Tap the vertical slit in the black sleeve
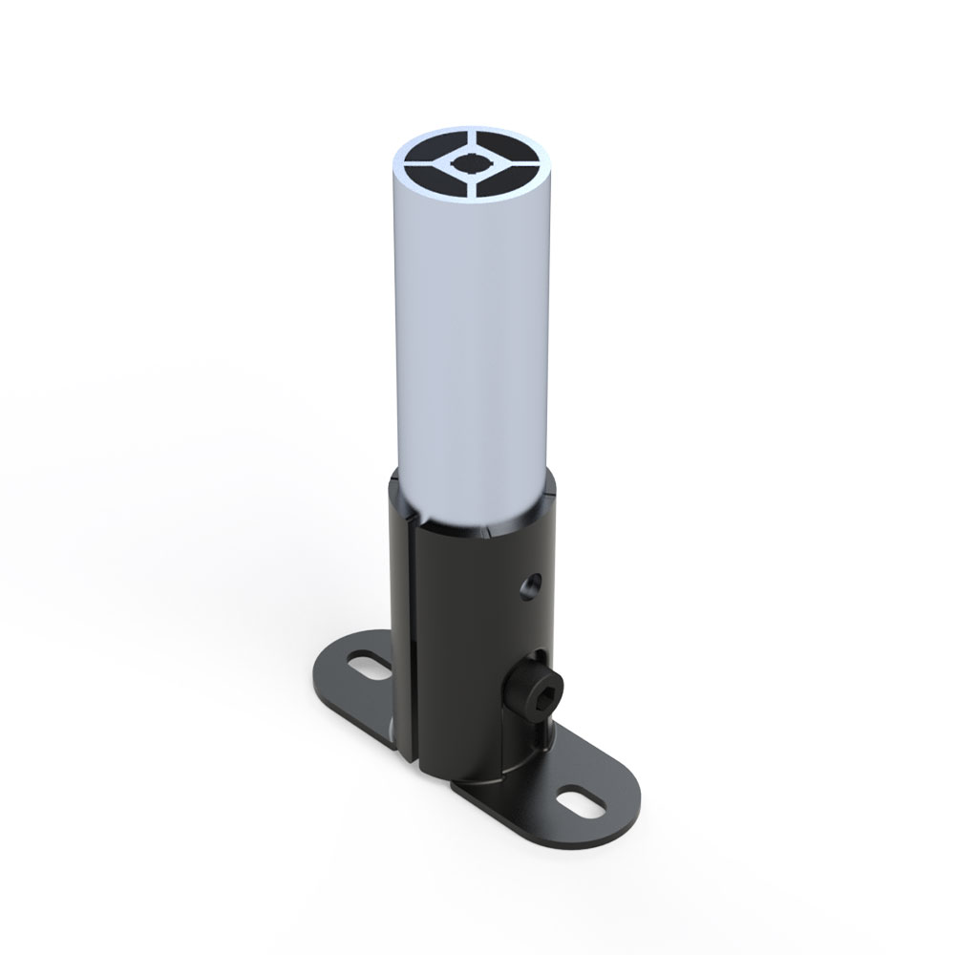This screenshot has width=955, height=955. point(409,649)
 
